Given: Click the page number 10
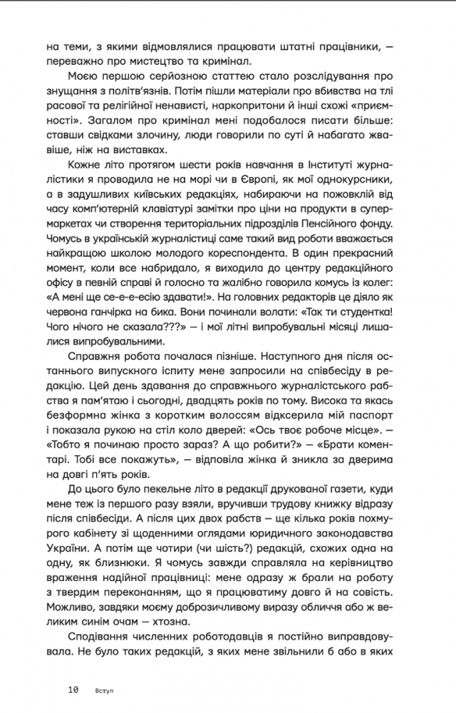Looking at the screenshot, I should point(73,690).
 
